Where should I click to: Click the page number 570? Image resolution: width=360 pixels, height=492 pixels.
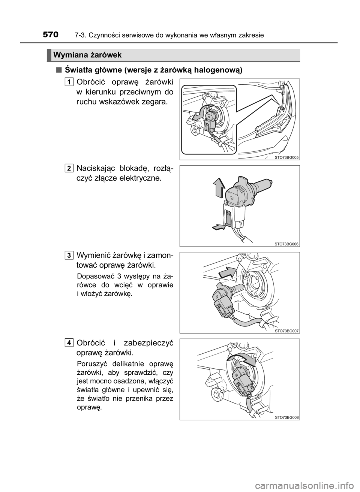point(51,35)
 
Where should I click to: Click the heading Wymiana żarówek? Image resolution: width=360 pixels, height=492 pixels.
point(87,55)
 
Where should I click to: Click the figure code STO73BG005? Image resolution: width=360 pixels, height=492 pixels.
point(286,157)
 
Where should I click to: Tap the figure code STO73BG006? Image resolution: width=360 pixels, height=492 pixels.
point(286,244)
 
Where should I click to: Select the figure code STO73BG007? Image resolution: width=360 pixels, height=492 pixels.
point(286,331)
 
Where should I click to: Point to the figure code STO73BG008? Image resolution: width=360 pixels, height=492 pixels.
point(286,418)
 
